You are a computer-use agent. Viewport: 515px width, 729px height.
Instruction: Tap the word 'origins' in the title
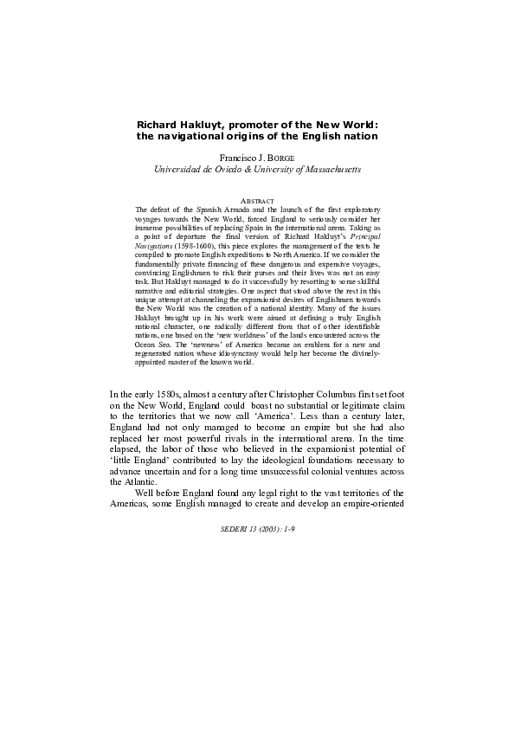(258, 137)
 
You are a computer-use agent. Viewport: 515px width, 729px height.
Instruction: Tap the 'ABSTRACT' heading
(257, 201)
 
